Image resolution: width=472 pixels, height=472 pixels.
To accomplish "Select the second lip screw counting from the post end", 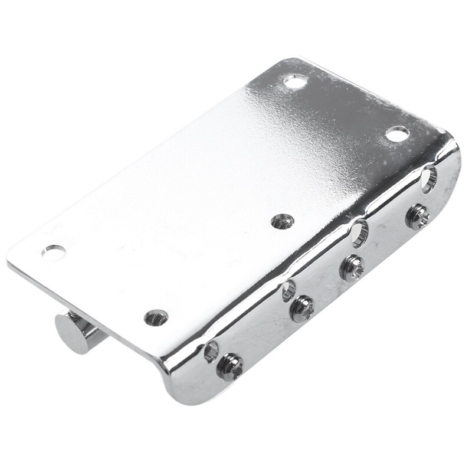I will [301, 309].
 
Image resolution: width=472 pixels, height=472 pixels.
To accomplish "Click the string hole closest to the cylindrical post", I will [211, 350].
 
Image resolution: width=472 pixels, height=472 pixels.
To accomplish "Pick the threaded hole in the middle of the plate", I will [283, 221].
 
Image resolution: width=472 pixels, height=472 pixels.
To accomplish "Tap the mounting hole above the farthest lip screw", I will [398, 133].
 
